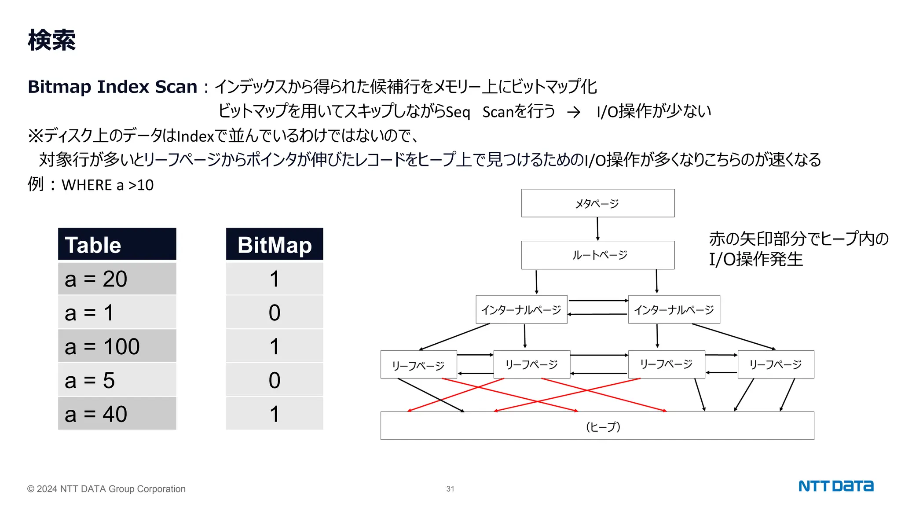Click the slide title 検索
51,40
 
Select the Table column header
117,245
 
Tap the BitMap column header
275,245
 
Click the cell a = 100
117,346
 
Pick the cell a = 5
117,380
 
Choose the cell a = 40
117,414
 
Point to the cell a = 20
117,279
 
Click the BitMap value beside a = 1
275,313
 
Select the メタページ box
597,203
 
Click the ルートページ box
597,255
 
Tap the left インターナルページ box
521,310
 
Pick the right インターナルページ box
674,310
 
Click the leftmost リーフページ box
418,365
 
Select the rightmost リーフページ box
776,364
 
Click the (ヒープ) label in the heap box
603,426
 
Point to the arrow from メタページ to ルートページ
597,229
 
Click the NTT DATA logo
836,486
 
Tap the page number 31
450,489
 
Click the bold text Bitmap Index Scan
112,87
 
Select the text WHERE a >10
107,185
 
